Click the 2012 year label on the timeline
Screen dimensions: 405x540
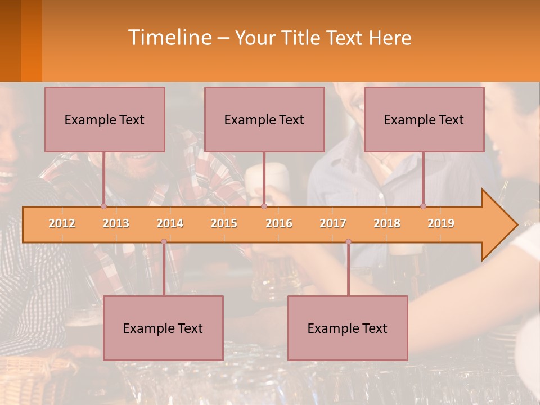click(62, 223)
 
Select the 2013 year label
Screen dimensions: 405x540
click(116, 223)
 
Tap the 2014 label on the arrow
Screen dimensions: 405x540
click(170, 223)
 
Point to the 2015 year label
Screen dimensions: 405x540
click(224, 223)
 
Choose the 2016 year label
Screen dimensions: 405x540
click(279, 223)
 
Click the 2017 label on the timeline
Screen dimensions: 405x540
click(333, 223)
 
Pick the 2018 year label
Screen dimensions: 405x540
click(387, 223)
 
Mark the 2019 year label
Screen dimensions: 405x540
click(441, 223)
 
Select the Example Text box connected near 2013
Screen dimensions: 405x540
click(105, 119)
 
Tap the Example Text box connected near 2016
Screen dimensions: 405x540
click(264, 119)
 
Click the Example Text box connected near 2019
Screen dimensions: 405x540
click(424, 119)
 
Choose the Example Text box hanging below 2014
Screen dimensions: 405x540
click(163, 328)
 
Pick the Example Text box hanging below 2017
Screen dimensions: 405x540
click(348, 328)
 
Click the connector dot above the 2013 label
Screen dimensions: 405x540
click(103, 206)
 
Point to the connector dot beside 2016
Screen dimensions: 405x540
click(264, 206)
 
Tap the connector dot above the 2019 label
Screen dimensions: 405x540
click(423, 206)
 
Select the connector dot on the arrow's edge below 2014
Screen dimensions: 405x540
click(164, 242)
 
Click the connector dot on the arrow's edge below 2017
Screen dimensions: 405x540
click(348, 242)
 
